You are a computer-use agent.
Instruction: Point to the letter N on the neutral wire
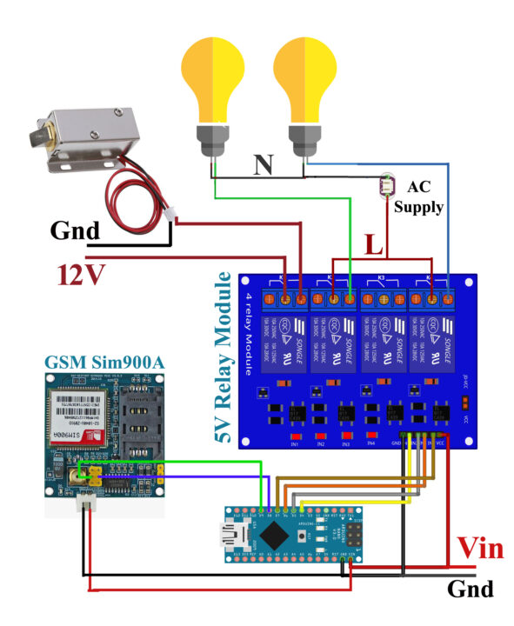(x=263, y=164)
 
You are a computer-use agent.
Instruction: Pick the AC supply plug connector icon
(x=387, y=184)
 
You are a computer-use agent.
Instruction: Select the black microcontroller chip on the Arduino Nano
(x=276, y=532)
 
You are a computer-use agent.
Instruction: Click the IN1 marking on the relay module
(x=295, y=444)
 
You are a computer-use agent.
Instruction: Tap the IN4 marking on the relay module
(x=371, y=443)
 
